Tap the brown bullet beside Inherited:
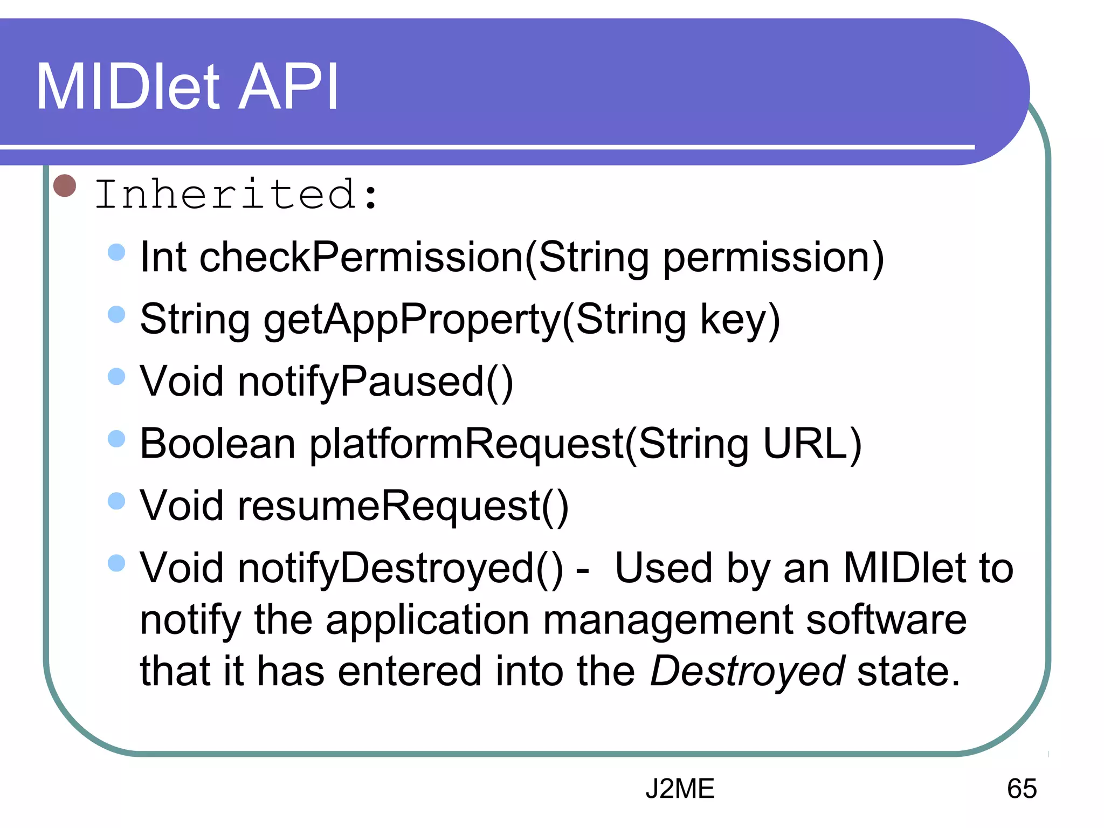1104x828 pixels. (x=65, y=186)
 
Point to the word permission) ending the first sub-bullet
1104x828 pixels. (x=773, y=258)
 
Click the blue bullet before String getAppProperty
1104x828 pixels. (x=116, y=314)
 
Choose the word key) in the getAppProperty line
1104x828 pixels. (x=740, y=320)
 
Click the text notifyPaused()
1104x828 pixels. (x=376, y=382)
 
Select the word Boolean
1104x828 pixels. (x=217, y=444)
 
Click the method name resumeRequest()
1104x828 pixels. (x=403, y=506)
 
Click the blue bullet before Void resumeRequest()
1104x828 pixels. (x=116, y=501)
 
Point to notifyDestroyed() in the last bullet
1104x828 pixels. (x=401, y=568)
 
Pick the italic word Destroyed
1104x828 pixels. (x=747, y=671)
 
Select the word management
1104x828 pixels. (x=667, y=620)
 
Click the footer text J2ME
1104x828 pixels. (x=680, y=789)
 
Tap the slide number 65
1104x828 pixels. (x=1022, y=789)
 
